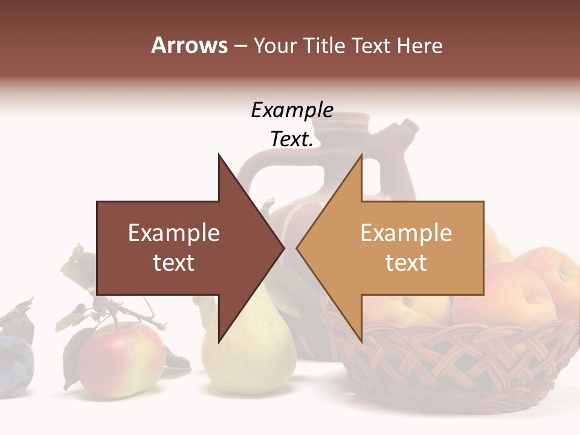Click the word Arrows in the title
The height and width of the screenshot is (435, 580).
(x=189, y=45)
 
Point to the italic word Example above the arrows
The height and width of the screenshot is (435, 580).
(x=292, y=110)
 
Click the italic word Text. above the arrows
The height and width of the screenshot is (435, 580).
(x=292, y=139)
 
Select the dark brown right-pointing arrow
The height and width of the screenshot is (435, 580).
(x=181, y=248)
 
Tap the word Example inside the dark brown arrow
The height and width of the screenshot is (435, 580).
(x=174, y=233)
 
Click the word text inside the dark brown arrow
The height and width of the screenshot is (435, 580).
(x=174, y=263)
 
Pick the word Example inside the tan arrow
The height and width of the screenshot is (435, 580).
(x=406, y=233)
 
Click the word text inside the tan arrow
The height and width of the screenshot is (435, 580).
(x=406, y=263)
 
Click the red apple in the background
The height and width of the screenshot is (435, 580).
(x=121, y=359)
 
